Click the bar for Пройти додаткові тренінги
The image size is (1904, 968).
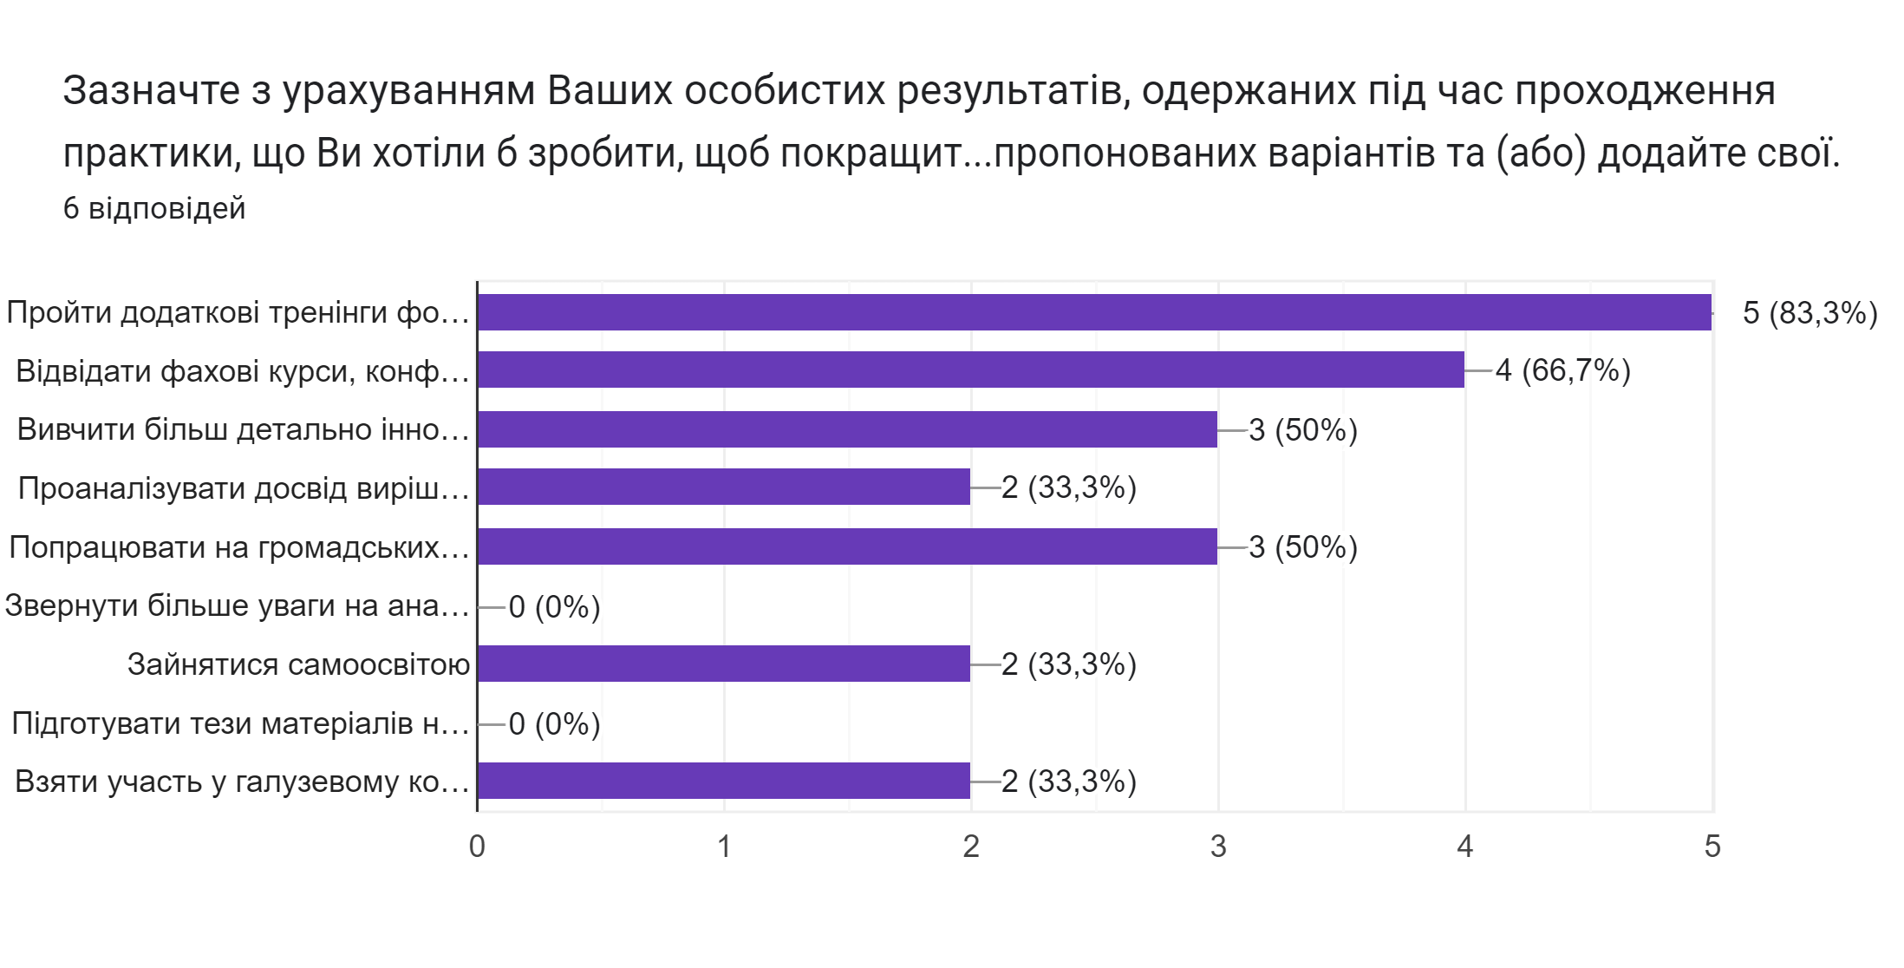(1094, 312)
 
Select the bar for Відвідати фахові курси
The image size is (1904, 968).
(971, 370)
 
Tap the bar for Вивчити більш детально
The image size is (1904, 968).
(847, 429)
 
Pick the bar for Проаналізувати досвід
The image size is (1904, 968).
(724, 487)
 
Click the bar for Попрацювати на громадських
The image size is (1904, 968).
(847, 546)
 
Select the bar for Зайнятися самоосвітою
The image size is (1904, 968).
(724, 664)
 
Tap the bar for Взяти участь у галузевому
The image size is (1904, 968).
(724, 781)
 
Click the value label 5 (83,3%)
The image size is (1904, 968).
(1809, 313)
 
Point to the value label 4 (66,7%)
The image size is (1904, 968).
(1562, 371)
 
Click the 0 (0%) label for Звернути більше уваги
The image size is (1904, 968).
(554, 607)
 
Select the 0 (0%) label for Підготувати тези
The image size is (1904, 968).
(554, 724)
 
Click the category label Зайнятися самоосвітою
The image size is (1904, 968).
(298, 664)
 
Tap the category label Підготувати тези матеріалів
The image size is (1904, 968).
(240, 723)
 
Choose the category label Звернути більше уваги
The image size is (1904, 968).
(237, 605)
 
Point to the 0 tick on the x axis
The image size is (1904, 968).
(477, 847)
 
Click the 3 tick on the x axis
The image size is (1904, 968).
(1218, 847)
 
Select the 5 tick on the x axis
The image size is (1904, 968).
(1712, 847)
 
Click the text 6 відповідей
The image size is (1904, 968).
(154, 209)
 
